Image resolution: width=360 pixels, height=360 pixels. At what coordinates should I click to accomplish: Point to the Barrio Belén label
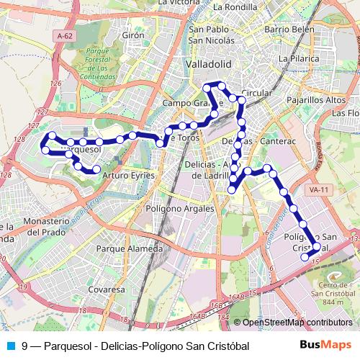(x=289, y=30)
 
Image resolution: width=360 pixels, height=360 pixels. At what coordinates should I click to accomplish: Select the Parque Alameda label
(x=129, y=249)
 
